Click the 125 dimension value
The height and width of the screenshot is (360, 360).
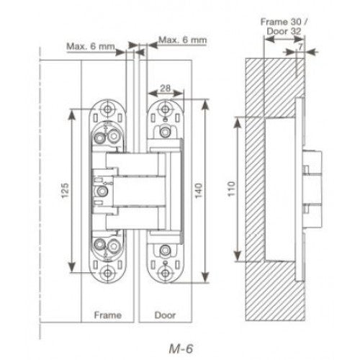(65, 191)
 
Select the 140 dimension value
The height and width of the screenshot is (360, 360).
(199, 191)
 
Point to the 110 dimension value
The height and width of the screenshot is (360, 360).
(231, 189)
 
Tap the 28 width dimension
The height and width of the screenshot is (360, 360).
(165, 88)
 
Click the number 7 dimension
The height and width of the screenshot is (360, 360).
(300, 47)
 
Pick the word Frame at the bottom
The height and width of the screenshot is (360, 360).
(107, 315)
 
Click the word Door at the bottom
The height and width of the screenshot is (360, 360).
(165, 315)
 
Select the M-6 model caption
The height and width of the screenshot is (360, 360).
(181, 348)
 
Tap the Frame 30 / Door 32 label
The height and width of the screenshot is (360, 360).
(284, 27)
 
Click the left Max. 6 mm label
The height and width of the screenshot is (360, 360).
(91, 46)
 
